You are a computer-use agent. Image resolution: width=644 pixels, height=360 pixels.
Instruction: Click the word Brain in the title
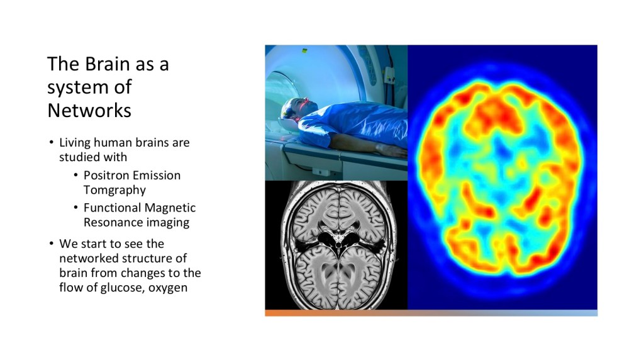coord(108,64)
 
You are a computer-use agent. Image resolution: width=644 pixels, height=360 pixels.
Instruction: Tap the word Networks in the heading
coord(89,110)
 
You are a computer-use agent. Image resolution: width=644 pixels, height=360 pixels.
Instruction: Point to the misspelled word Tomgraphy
coord(114,190)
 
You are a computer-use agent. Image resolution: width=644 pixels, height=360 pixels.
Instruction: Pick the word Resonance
coord(109,222)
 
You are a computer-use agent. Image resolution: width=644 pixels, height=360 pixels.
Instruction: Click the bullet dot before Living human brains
coord(52,143)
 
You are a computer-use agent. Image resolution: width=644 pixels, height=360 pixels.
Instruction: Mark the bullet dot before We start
coord(52,244)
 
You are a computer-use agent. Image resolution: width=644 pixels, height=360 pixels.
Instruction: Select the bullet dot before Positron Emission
coord(75,175)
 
